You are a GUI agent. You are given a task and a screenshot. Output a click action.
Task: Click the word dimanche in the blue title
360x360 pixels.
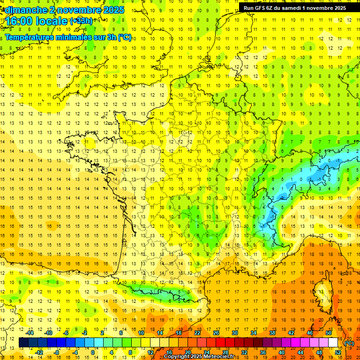tap(23, 10)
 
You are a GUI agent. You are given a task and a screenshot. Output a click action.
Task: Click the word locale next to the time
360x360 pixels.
tap(51, 22)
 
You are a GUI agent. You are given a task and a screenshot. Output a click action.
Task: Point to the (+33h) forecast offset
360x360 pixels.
tap(81, 21)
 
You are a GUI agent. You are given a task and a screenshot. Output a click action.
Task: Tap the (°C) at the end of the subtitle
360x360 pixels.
tap(124, 37)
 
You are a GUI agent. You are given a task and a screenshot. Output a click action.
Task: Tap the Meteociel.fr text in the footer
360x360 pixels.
tap(220, 357)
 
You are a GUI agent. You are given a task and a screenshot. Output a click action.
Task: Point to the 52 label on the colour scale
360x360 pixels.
tap(338, 352)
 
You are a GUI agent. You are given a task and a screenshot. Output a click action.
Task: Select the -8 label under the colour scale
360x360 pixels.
tap(57, 352)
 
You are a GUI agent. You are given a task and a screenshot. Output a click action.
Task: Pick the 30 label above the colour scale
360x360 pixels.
tap(235, 333)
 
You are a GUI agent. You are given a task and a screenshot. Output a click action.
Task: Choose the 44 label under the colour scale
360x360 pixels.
tap(300, 352)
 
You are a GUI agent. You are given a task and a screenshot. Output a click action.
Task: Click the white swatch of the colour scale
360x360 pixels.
tap(333, 343)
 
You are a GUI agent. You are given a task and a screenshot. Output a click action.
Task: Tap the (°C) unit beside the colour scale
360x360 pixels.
tap(349, 343)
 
